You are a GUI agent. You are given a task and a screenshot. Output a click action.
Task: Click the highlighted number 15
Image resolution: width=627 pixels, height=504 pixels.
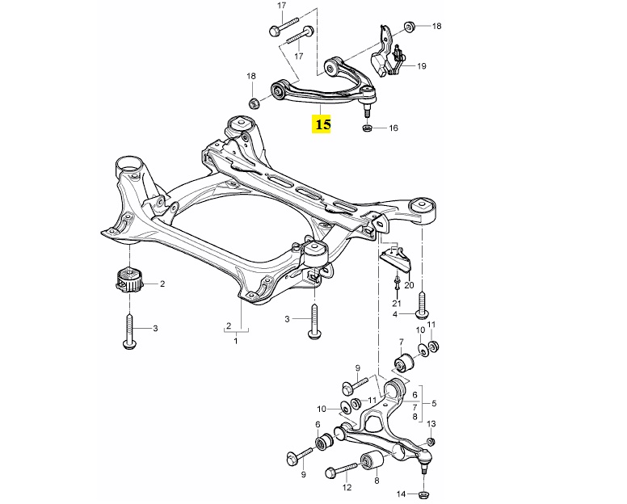coord(323,124)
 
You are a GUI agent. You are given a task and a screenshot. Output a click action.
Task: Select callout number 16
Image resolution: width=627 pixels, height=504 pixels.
coord(393,128)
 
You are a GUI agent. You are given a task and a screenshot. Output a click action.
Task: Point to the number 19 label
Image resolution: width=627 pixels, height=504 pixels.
coord(422,66)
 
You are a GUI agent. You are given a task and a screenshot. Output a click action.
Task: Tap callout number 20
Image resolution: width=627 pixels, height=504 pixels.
coord(408,285)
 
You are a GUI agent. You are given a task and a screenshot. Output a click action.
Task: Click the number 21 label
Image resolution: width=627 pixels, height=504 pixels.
coord(397,303)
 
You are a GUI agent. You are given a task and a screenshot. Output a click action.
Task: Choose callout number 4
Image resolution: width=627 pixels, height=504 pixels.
coord(395,314)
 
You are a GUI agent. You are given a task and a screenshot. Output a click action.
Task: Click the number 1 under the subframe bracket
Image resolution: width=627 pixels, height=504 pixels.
coord(236,342)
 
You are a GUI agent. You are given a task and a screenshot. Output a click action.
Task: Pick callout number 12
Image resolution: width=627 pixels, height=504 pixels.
coord(347,488)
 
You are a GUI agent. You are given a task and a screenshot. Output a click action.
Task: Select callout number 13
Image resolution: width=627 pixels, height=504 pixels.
coord(431,425)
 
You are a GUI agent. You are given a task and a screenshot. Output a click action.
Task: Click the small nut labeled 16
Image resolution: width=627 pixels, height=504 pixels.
coord(368,129)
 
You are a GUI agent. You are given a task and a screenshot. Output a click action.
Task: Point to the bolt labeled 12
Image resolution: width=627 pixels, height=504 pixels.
coord(343,469)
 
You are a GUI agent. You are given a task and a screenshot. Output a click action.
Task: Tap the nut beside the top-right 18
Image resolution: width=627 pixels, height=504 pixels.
coord(408,27)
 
